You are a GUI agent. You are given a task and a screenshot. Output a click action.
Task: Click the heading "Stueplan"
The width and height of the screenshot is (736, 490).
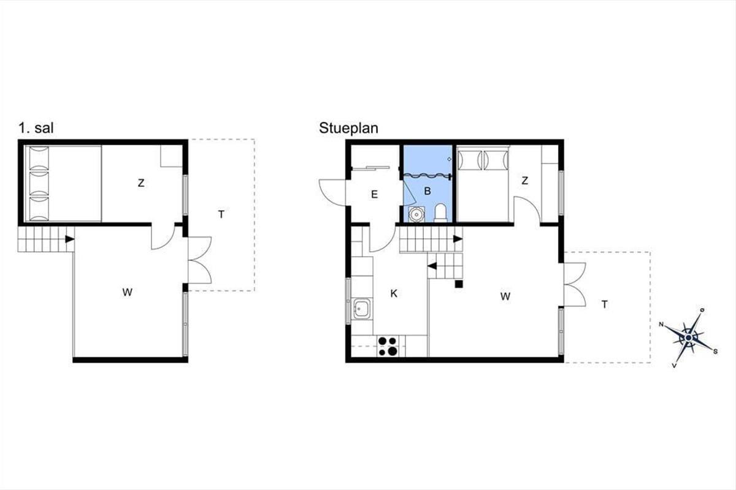point(348,128)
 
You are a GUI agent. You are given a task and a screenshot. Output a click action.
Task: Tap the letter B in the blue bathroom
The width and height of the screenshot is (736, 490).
point(427,191)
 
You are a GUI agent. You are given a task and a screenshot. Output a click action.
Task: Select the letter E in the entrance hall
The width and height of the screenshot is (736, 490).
point(374,195)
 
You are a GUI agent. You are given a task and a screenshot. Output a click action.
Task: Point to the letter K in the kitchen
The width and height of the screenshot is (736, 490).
point(394,294)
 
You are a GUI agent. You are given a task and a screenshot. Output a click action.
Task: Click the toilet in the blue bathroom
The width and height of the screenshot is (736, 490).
point(440,213)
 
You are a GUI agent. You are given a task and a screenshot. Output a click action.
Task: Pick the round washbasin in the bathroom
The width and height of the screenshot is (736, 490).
point(416,214)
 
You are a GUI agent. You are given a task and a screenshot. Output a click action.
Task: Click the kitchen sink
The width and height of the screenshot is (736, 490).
point(361,309)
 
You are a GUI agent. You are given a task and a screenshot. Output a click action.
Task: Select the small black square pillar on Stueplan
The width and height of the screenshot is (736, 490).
point(459,284)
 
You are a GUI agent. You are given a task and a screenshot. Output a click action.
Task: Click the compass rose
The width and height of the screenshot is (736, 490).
point(688,337)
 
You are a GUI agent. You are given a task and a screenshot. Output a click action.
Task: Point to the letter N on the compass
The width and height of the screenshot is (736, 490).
point(661,325)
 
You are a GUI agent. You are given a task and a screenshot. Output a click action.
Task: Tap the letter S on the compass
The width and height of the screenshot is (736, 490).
point(715,352)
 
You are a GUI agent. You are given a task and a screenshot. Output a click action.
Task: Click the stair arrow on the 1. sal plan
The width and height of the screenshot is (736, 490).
point(70,239)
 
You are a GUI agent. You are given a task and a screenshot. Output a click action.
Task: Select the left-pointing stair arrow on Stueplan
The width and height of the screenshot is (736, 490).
point(432,266)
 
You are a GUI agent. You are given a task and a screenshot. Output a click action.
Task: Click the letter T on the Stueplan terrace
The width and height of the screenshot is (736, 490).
point(605,304)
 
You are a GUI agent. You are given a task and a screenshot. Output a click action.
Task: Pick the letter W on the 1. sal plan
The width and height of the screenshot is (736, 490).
point(127,292)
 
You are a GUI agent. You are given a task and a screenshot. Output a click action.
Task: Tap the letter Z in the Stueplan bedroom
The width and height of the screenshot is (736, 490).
point(525,181)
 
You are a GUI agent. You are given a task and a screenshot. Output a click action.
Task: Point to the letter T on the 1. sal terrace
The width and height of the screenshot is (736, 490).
point(221,214)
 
